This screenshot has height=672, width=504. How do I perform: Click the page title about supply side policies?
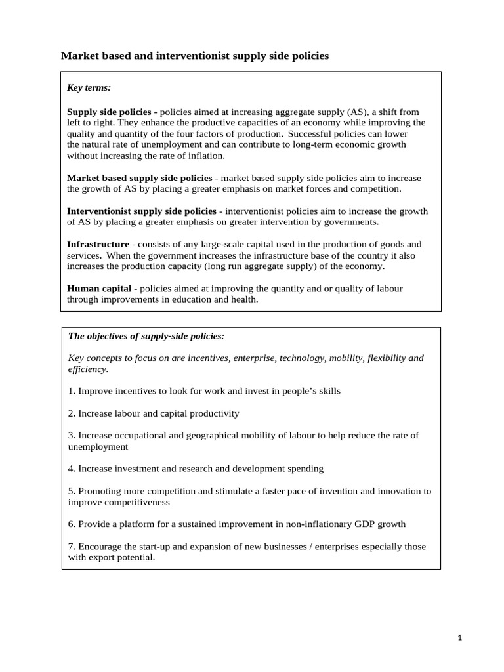click(195, 56)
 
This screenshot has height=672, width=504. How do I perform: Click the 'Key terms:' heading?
click(89, 87)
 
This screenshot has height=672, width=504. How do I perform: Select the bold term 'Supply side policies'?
click(109, 112)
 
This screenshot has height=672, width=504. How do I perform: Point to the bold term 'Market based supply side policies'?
click(140, 178)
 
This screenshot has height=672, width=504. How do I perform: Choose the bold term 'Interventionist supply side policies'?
click(142, 211)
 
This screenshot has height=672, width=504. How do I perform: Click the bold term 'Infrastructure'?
click(98, 244)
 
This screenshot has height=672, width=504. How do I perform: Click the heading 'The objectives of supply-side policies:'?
click(146, 336)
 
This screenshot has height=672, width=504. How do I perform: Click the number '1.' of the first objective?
click(72, 391)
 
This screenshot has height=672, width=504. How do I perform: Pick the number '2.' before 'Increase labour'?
click(72, 413)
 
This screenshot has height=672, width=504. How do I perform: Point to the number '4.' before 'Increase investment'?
click(72, 469)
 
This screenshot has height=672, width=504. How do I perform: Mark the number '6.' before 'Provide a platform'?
click(72, 524)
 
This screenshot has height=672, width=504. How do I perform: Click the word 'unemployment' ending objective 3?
click(98, 446)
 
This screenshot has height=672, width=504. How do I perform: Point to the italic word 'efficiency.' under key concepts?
click(88, 369)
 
